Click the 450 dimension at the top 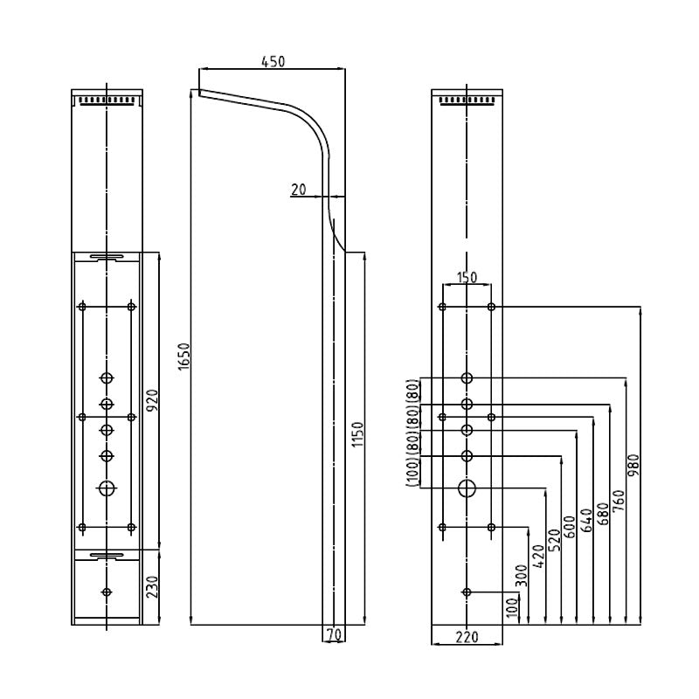(273, 62)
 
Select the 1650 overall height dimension (183, 356)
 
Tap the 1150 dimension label (357, 434)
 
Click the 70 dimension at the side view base (333, 635)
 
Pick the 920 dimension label (152, 400)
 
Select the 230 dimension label (152, 587)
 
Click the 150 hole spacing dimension (467, 278)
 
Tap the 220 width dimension (467, 638)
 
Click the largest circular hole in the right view (467, 488)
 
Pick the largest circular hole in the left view (107, 488)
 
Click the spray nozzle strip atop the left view (107, 100)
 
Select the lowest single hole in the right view (467, 592)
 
